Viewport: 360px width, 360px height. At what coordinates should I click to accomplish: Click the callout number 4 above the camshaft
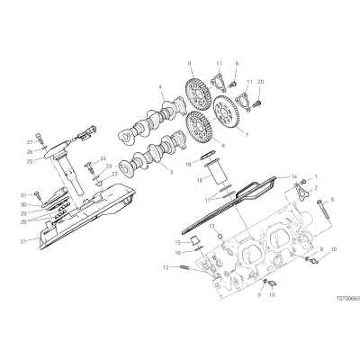160,87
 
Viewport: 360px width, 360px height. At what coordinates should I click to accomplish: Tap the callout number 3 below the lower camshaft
171,172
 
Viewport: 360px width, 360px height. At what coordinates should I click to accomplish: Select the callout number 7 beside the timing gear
247,135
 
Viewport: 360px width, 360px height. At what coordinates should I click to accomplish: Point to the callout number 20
260,82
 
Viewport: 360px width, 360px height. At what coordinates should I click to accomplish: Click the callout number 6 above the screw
237,64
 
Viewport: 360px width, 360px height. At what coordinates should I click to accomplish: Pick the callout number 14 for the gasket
293,176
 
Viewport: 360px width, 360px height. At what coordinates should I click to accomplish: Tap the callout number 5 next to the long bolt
332,199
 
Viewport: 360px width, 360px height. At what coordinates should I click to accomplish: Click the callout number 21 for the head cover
31,240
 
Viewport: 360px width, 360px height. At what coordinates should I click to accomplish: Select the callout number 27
30,142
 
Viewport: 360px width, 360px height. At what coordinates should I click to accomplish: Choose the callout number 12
166,266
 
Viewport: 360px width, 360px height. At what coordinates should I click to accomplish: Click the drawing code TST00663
347,299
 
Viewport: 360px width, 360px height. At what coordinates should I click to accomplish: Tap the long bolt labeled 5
323,211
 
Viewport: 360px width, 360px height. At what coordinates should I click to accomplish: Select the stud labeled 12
184,266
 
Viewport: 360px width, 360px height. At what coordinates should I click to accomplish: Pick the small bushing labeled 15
196,240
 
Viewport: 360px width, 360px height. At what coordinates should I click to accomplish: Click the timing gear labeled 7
227,112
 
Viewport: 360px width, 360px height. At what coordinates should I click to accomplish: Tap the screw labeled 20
257,104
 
